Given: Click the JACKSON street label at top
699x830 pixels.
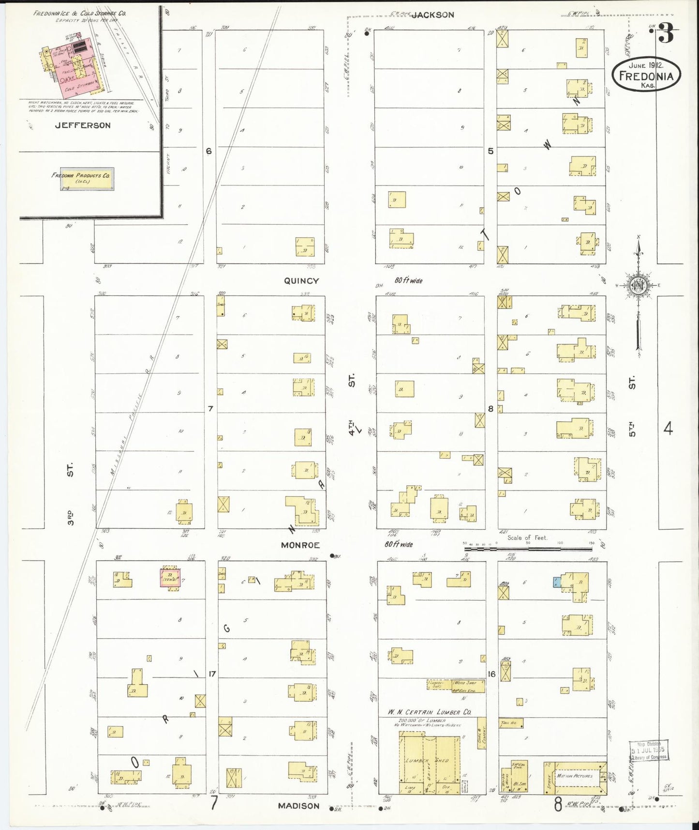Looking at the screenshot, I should click(x=432, y=15).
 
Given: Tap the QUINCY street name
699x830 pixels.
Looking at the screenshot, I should click(x=301, y=281).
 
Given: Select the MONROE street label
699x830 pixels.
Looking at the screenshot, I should click(x=300, y=545).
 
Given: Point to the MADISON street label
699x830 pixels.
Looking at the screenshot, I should click(x=298, y=806).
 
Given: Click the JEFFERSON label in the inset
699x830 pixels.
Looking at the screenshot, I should click(x=83, y=125).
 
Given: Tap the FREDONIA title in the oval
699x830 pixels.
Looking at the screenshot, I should click(x=646, y=76).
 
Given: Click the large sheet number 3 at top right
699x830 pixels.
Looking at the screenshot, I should click(x=666, y=35).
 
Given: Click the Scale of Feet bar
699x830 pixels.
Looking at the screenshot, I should click(x=527, y=549).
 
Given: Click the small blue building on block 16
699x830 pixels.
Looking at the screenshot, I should click(x=557, y=582).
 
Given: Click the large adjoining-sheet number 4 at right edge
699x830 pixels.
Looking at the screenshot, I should click(x=668, y=428).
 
